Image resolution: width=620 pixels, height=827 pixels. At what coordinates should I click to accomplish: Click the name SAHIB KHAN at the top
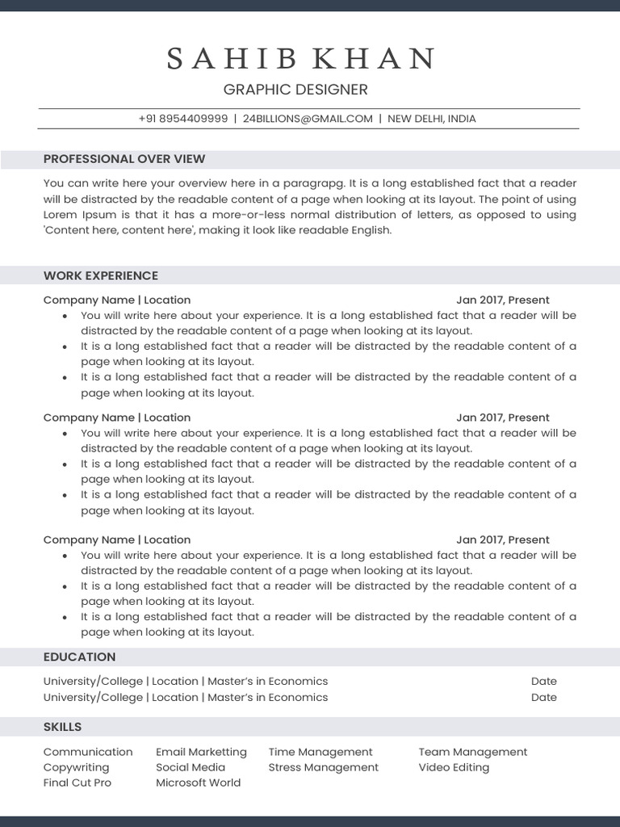point(301,58)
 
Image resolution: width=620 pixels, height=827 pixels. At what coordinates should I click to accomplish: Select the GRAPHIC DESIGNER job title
point(295,90)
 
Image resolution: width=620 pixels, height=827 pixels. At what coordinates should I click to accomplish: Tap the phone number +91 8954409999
point(182,119)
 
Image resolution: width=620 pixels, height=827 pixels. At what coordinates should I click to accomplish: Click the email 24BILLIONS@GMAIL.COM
point(308,119)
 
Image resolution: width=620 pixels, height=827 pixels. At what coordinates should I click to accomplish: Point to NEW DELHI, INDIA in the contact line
point(432,119)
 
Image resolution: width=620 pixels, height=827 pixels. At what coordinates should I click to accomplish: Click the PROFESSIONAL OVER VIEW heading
point(124,159)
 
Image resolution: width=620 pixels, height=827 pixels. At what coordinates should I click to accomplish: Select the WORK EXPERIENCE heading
point(101,276)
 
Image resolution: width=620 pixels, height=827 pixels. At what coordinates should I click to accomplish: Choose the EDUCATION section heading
point(79,657)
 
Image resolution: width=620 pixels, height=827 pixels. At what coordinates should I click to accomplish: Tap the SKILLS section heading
point(62,727)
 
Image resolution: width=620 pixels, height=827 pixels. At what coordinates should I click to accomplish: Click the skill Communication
point(88,752)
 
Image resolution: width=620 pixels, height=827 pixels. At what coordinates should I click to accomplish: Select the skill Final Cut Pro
point(77,783)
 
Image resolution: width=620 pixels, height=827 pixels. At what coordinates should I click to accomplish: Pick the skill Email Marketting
point(201,752)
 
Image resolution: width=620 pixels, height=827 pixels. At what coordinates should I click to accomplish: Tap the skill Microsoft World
point(198,783)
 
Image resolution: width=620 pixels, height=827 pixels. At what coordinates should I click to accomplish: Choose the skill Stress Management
point(323,767)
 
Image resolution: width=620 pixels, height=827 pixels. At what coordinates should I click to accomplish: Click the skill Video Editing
point(454,767)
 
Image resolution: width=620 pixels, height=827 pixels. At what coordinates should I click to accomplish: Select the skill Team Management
point(472,752)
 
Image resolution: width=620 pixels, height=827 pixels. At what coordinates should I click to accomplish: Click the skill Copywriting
point(76,767)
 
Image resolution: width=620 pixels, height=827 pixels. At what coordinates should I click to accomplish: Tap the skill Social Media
point(191,767)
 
